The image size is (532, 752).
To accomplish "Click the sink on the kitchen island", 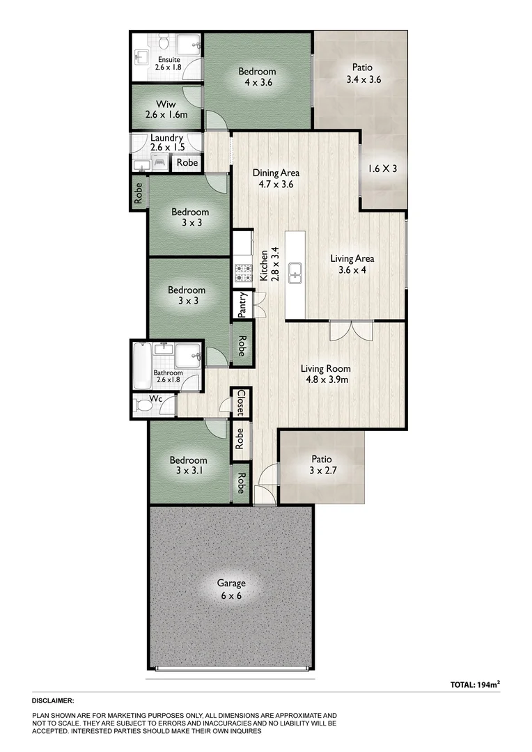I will click(295, 270).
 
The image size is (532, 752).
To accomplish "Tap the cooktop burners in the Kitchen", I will click(242, 273).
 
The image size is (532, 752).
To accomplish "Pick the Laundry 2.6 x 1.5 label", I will click(167, 143).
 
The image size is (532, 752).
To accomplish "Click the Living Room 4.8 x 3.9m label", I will click(325, 375).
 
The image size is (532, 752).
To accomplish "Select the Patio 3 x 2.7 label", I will click(321, 465).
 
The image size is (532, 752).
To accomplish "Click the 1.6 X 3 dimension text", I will click(382, 168).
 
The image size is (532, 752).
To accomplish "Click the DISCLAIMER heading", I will click(53, 700).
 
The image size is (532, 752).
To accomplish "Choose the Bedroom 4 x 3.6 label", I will click(257, 77).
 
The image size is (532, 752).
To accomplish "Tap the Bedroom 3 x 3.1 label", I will click(189, 466).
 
